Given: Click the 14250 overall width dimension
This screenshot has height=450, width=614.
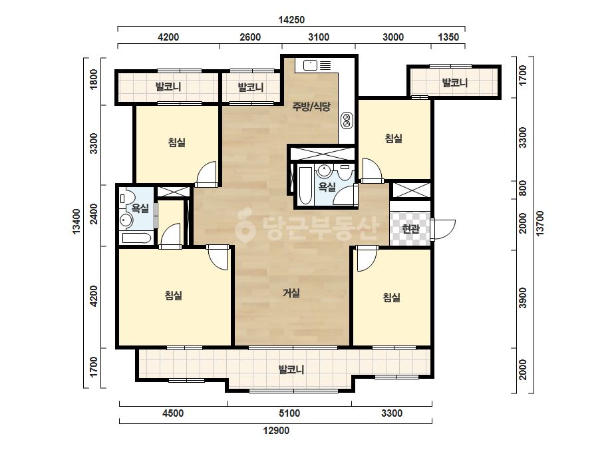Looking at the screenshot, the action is click(x=291, y=19).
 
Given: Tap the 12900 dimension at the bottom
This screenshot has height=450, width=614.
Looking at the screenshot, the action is click(x=276, y=431).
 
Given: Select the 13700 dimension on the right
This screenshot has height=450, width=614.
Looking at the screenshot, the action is click(x=540, y=224).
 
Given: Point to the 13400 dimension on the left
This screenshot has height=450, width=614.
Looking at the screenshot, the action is click(x=76, y=222).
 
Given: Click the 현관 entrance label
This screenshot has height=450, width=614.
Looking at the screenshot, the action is click(x=410, y=228).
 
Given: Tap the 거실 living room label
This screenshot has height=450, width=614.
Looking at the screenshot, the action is click(x=291, y=292).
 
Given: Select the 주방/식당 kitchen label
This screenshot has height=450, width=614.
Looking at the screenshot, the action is click(x=312, y=106).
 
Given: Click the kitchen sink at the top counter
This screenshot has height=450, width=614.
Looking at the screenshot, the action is click(x=310, y=65).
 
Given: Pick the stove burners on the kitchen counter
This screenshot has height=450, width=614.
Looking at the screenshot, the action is click(x=347, y=120).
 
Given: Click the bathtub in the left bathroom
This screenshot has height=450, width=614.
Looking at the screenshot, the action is click(x=136, y=238).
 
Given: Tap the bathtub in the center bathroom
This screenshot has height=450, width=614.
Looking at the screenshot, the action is click(x=305, y=186).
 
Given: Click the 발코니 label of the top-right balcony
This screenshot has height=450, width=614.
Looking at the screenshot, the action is click(x=454, y=83).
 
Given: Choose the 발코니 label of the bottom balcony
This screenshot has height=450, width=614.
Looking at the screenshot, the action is click(x=291, y=369).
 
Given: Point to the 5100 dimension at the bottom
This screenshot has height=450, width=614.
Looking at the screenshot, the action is click(x=289, y=413).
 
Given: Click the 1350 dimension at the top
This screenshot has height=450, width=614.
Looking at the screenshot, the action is click(x=448, y=37).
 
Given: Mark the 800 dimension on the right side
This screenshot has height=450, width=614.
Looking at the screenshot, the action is click(x=522, y=188).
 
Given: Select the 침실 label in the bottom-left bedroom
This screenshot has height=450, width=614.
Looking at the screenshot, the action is click(x=174, y=295).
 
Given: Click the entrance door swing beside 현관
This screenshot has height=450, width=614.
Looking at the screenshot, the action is click(x=443, y=229).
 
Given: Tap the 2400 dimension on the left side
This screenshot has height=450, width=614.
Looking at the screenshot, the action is click(x=93, y=214).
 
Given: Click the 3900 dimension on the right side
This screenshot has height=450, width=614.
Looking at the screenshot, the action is click(x=522, y=298).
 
